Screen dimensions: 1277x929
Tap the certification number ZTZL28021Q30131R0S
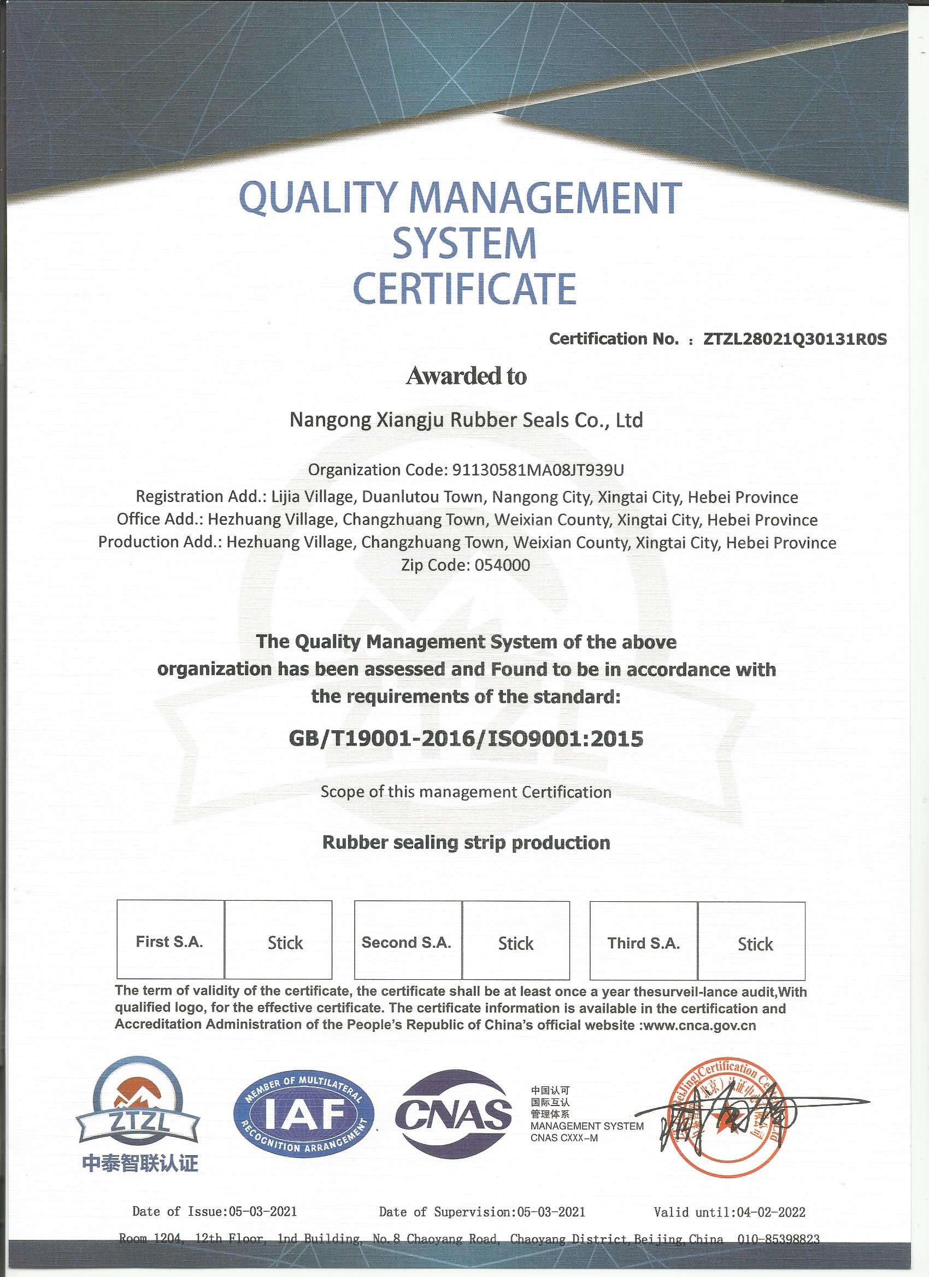coord(795,339)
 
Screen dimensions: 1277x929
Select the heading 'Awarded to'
coord(466,376)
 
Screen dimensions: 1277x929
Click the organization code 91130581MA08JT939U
coord(538,470)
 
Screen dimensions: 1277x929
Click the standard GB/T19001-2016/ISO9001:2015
coord(466,738)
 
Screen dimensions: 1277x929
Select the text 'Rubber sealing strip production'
coord(466,842)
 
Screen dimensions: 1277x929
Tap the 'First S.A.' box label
coord(169,942)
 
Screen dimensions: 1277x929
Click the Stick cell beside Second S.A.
coord(515,943)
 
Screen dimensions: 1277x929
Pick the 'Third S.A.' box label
coord(643,943)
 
